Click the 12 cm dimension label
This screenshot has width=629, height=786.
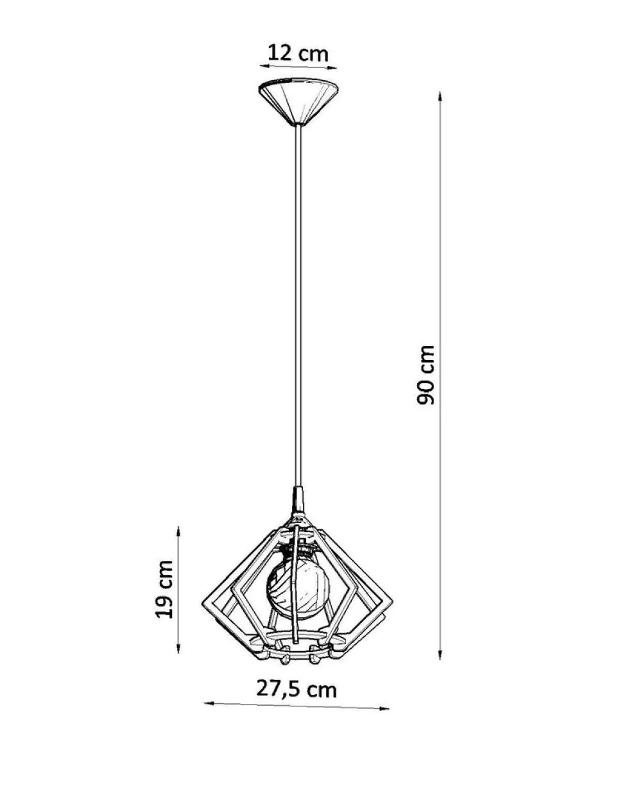click(298, 53)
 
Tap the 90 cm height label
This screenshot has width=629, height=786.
click(425, 374)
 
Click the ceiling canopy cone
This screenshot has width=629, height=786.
click(298, 101)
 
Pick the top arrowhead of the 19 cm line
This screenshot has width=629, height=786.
click(178, 531)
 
